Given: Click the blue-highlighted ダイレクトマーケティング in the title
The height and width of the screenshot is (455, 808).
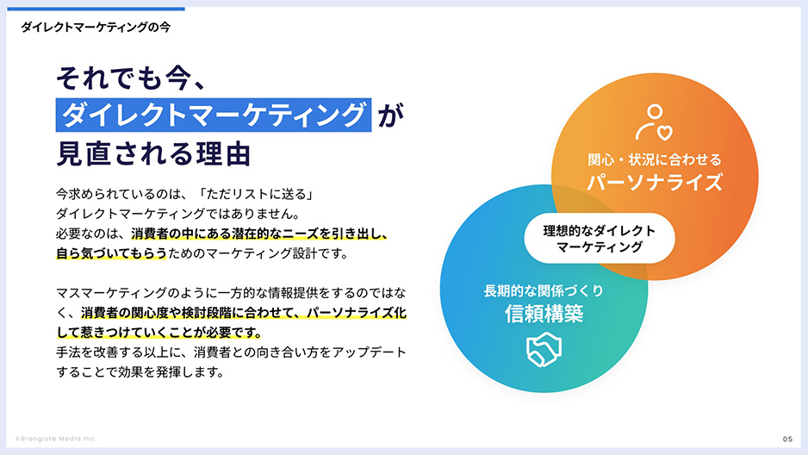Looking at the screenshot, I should click(214, 115).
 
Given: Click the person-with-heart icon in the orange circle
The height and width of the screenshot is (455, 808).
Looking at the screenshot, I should click(653, 122).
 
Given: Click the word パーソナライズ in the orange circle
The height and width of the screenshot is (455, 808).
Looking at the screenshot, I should click(654, 182).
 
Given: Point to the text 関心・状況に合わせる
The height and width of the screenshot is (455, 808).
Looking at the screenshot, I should click(654, 159).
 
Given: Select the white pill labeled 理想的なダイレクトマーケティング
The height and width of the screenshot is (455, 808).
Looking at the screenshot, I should click(600, 239).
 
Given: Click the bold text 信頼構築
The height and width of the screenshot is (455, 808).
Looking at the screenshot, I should click(544, 314).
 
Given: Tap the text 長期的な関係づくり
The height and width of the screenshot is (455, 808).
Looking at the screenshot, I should click(544, 291).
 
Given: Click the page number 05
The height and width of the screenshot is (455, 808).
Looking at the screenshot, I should click(787, 439).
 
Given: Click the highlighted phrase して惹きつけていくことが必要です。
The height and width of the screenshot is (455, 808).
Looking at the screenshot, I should click(158, 333).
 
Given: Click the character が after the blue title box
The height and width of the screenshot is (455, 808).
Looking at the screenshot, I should click(389, 115).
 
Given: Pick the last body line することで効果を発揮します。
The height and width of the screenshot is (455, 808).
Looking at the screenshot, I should click(139, 373).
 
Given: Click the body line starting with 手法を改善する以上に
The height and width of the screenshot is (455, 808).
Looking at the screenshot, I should click(230, 353).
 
